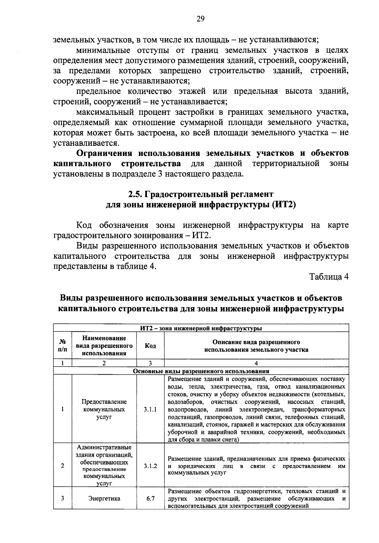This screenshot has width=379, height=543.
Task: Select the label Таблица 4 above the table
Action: pos(329,277)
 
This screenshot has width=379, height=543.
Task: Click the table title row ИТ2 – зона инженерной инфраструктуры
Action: pos(201,328)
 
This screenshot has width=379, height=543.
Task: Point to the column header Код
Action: pos(150,346)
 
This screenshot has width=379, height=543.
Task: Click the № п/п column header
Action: pos(63,346)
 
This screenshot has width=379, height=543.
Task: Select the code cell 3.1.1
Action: pos(150,409)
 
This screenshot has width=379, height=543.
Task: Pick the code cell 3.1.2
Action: pos(150,466)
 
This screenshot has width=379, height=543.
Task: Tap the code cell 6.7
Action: pos(150,499)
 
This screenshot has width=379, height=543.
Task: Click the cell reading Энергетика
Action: pos(104,499)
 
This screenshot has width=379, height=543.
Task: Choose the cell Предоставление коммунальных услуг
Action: pos(104,409)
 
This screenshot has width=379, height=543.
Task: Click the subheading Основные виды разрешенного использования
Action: pos(201,371)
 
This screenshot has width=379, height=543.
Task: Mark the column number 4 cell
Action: pos(256,363)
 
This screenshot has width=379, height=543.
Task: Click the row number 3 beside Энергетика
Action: pos(63,499)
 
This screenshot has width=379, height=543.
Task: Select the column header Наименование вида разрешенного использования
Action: pos(104,346)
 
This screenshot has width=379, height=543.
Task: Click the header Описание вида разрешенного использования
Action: pos(256,346)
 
